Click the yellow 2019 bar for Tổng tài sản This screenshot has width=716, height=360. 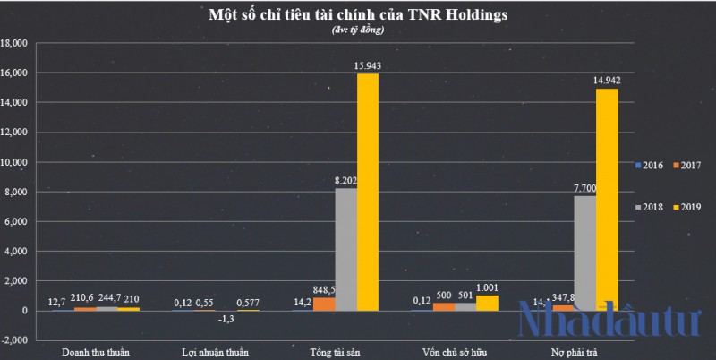point(367,192)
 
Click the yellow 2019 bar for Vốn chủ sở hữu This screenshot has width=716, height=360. point(487,303)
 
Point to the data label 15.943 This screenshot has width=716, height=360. point(368,65)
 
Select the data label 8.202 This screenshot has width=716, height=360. point(345,181)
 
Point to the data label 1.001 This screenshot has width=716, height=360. point(488,287)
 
